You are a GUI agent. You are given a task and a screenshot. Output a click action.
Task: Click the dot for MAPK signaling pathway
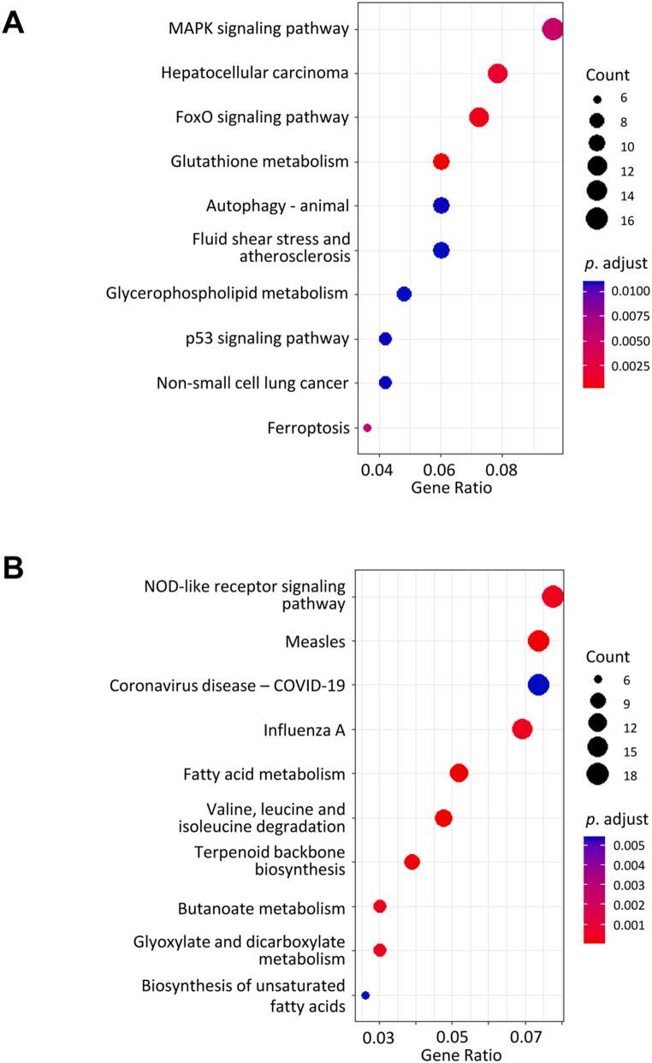[x=553, y=29]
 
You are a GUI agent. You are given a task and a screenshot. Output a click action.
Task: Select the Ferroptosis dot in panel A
[x=367, y=427]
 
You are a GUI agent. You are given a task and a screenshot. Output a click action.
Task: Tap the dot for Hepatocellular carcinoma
[x=498, y=74]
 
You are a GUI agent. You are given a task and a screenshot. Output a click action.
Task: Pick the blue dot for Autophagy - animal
[x=441, y=205]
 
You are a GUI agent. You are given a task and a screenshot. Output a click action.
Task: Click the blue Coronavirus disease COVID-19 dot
[x=538, y=685]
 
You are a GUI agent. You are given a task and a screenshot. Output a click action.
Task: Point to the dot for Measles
[x=538, y=641]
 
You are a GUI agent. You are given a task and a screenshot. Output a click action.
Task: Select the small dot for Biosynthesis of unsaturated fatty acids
[x=365, y=995]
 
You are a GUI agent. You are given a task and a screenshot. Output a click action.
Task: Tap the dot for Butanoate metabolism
[x=380, y=906]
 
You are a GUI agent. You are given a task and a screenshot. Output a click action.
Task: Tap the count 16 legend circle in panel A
[x=597, y=219]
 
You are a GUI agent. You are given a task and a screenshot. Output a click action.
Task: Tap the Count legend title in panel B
[x=608, y=657]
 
